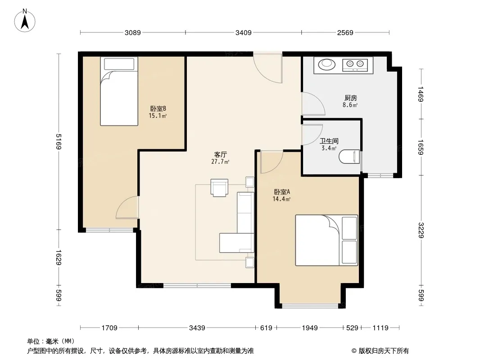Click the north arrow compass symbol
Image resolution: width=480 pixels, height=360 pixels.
25,21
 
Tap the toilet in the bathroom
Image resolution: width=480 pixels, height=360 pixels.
349,157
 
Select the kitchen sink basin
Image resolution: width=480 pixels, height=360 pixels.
327,64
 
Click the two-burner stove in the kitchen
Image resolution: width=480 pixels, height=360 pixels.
355,64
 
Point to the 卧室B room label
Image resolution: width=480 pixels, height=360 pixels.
158,108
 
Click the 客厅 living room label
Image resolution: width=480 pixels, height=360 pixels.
220,154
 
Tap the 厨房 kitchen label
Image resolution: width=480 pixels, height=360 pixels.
350,98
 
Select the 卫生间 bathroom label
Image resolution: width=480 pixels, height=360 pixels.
329,141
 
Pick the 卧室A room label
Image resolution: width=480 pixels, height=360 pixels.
281,192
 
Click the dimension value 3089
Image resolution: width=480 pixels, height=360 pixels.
132,32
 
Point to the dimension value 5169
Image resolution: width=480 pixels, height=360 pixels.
59,142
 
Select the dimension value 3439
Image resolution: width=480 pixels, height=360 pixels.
197,328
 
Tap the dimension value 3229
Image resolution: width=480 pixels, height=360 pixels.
421,230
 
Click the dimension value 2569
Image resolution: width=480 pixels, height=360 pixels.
345,32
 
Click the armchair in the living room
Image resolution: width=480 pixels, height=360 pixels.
219,188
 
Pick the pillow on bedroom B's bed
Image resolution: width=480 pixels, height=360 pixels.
119,64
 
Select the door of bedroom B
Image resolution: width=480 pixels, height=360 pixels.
127,208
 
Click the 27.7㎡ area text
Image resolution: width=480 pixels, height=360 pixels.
220,162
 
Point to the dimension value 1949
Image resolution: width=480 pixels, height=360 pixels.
310,328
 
